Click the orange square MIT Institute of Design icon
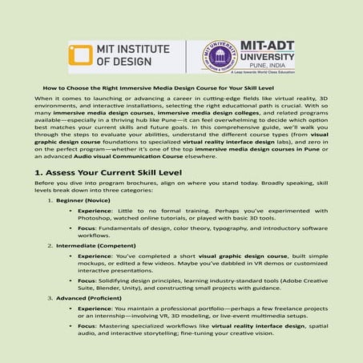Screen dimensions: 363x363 point(81,57)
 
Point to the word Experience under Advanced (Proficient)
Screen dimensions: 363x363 point(95,307)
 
